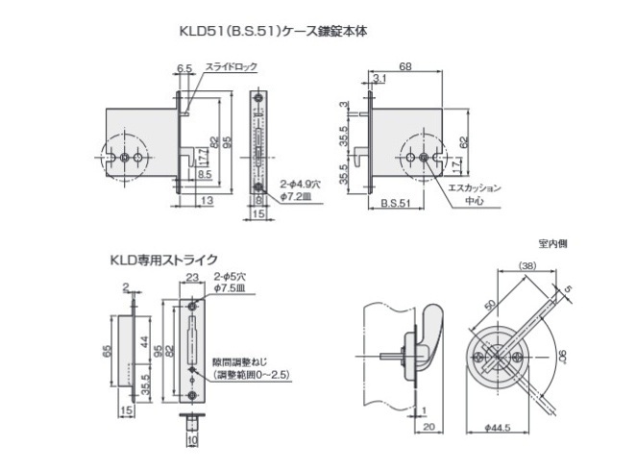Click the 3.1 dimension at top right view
click(379, 79)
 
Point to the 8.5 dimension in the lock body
click(205, 174)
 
